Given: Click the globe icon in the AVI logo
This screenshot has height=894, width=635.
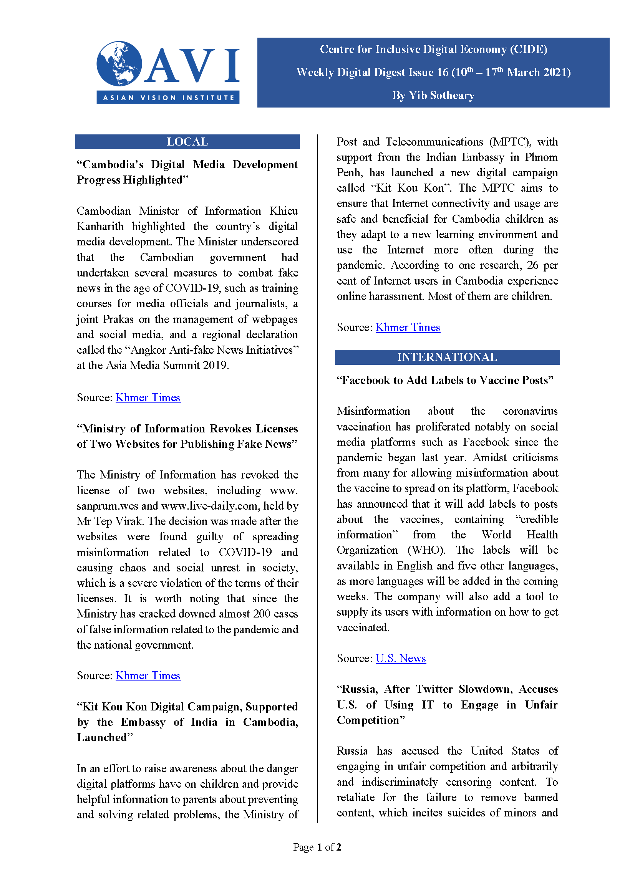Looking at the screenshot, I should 119,63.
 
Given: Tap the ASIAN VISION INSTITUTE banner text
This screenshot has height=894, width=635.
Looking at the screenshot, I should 168,97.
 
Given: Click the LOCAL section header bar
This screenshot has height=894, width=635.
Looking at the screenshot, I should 187,141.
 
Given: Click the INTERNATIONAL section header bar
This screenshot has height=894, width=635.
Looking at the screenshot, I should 447,357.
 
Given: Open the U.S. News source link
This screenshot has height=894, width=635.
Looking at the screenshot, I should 400,658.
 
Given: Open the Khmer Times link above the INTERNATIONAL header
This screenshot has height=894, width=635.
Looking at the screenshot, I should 408,327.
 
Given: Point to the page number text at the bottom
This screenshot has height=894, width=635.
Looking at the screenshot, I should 317,847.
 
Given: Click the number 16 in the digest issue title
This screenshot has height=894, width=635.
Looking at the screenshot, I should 442,73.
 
